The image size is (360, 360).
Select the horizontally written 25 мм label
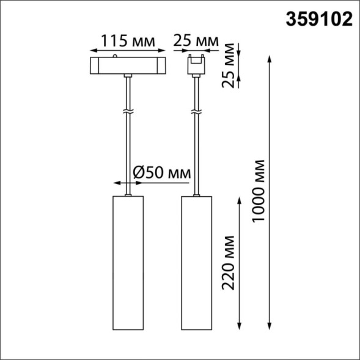coord(196,40)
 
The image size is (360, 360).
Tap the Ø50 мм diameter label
coord(160,172)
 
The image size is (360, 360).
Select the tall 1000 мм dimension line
coord(270,190)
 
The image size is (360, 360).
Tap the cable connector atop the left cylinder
coord(127,194)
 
